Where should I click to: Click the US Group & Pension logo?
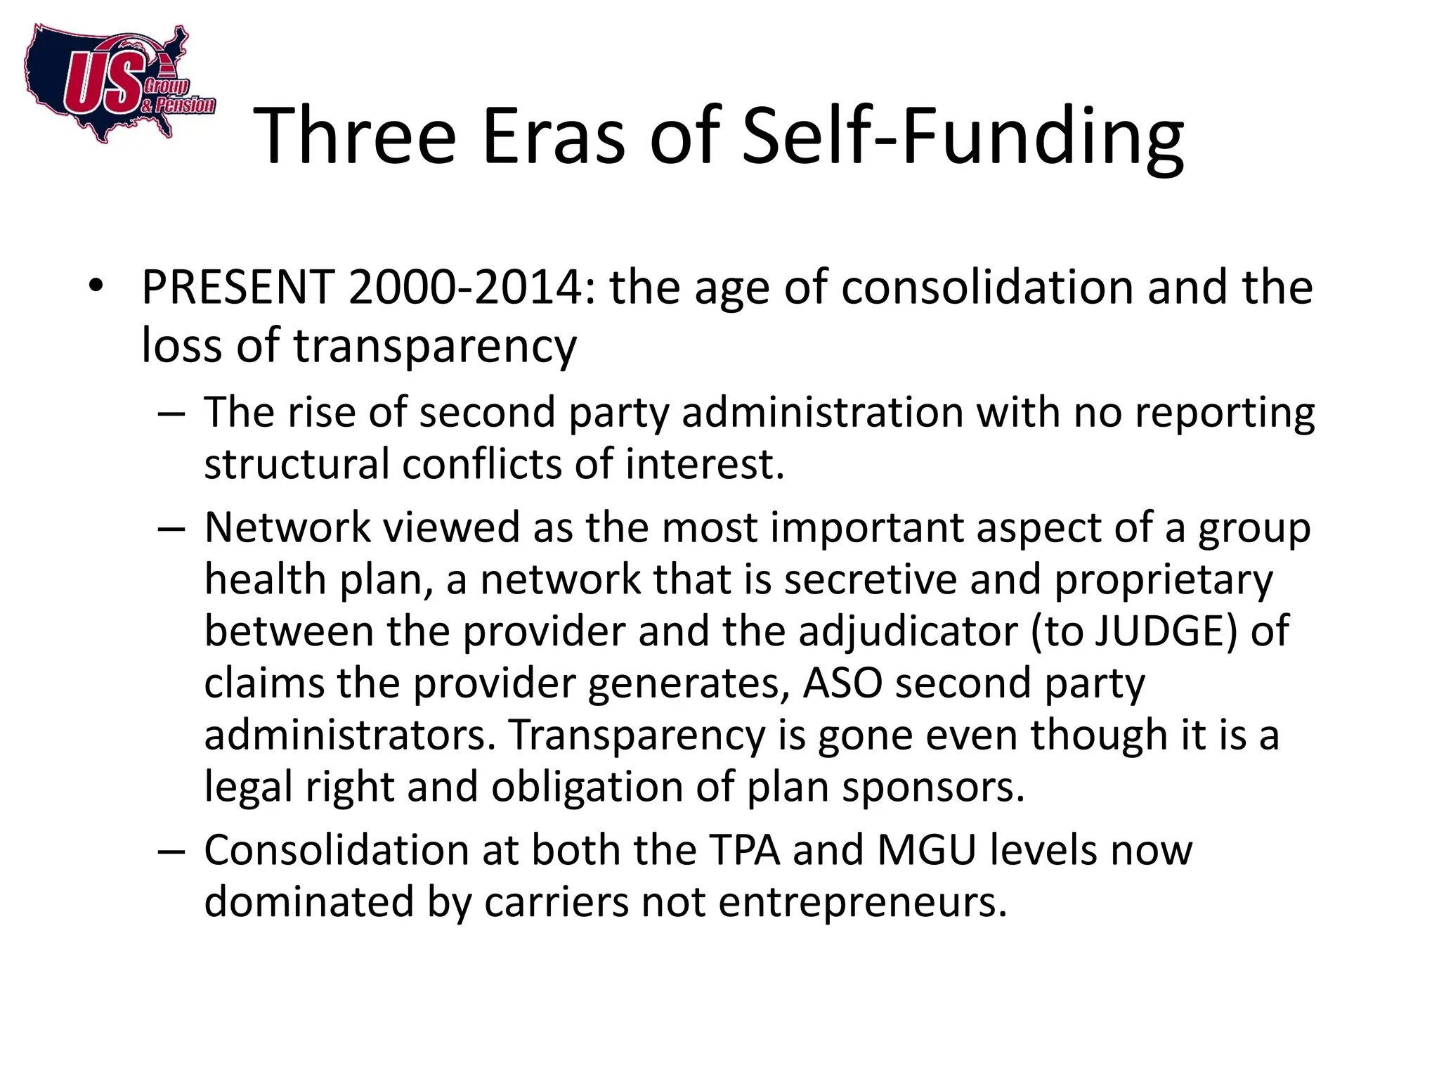pos(116,84)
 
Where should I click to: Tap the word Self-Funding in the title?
pos(963,136)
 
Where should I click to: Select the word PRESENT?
pos(237,288)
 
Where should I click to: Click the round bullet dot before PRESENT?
pos(96,286)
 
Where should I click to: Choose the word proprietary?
pos(1164,581)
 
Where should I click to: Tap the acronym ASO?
pos(842,683)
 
